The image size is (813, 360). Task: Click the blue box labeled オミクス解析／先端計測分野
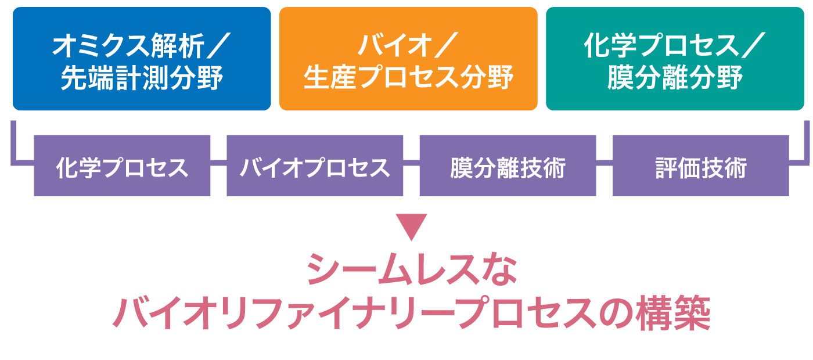142,59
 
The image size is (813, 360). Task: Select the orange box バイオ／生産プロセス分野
408,59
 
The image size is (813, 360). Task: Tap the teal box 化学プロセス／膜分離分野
675,59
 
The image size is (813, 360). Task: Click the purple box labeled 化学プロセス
122,167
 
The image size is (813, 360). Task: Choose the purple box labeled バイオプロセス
315,167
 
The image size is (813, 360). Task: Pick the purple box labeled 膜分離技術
508,167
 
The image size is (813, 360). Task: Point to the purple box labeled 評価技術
700,167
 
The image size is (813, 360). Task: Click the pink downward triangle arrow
411,227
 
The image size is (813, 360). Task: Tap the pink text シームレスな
411,271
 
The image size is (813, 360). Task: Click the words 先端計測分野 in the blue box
142,78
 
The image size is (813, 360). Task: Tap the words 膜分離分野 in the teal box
675,78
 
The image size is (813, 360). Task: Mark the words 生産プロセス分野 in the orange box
408,78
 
